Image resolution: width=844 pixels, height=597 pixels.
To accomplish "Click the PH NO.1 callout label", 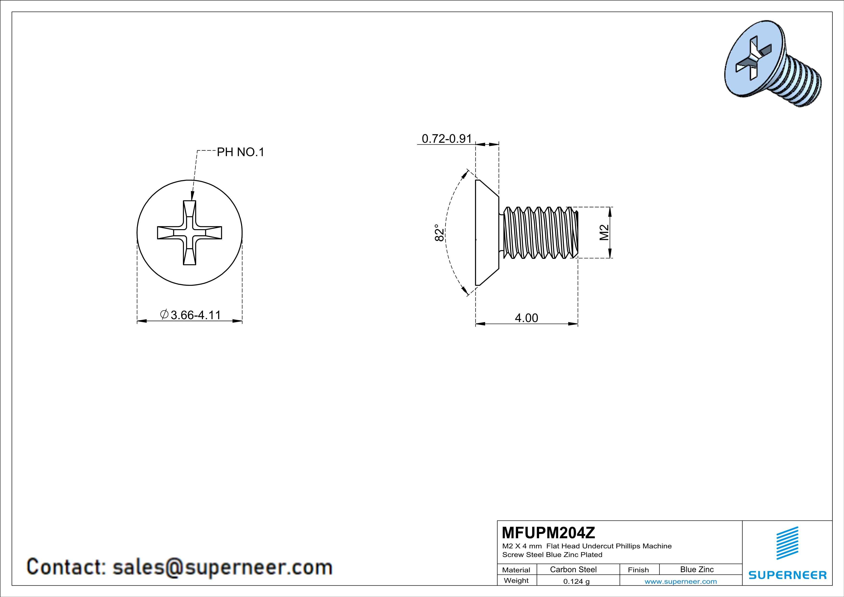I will tap(240, 152).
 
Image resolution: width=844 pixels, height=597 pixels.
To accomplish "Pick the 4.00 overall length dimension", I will tap(526, 318).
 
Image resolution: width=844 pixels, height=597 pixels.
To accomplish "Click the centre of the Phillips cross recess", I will tap(190, 233).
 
